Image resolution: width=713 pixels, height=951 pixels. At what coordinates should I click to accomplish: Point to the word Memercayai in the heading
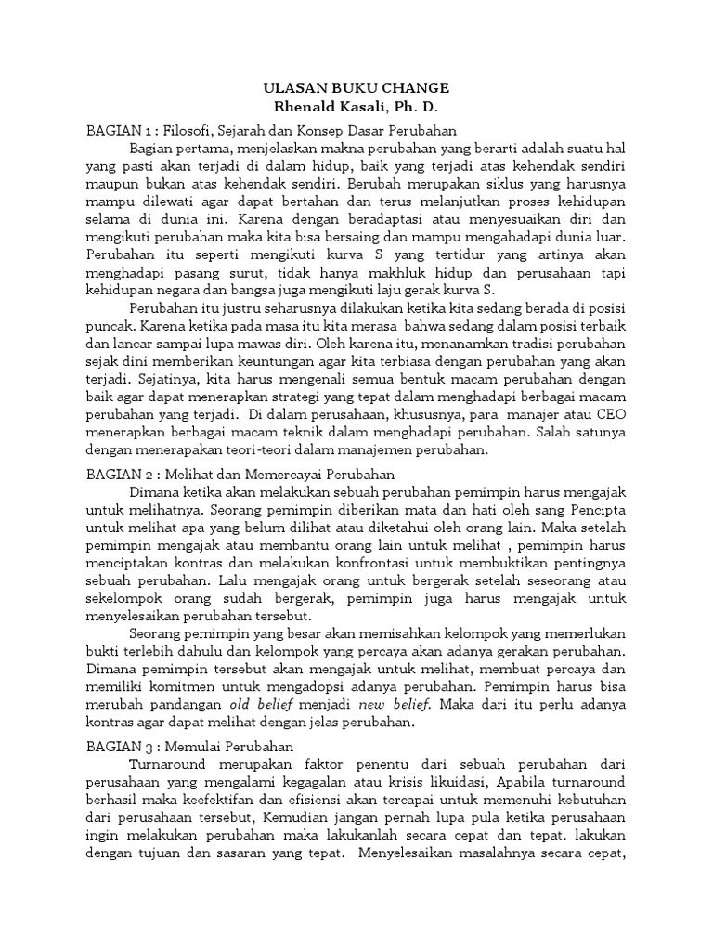pyautogui.click(x=272, y=474)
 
